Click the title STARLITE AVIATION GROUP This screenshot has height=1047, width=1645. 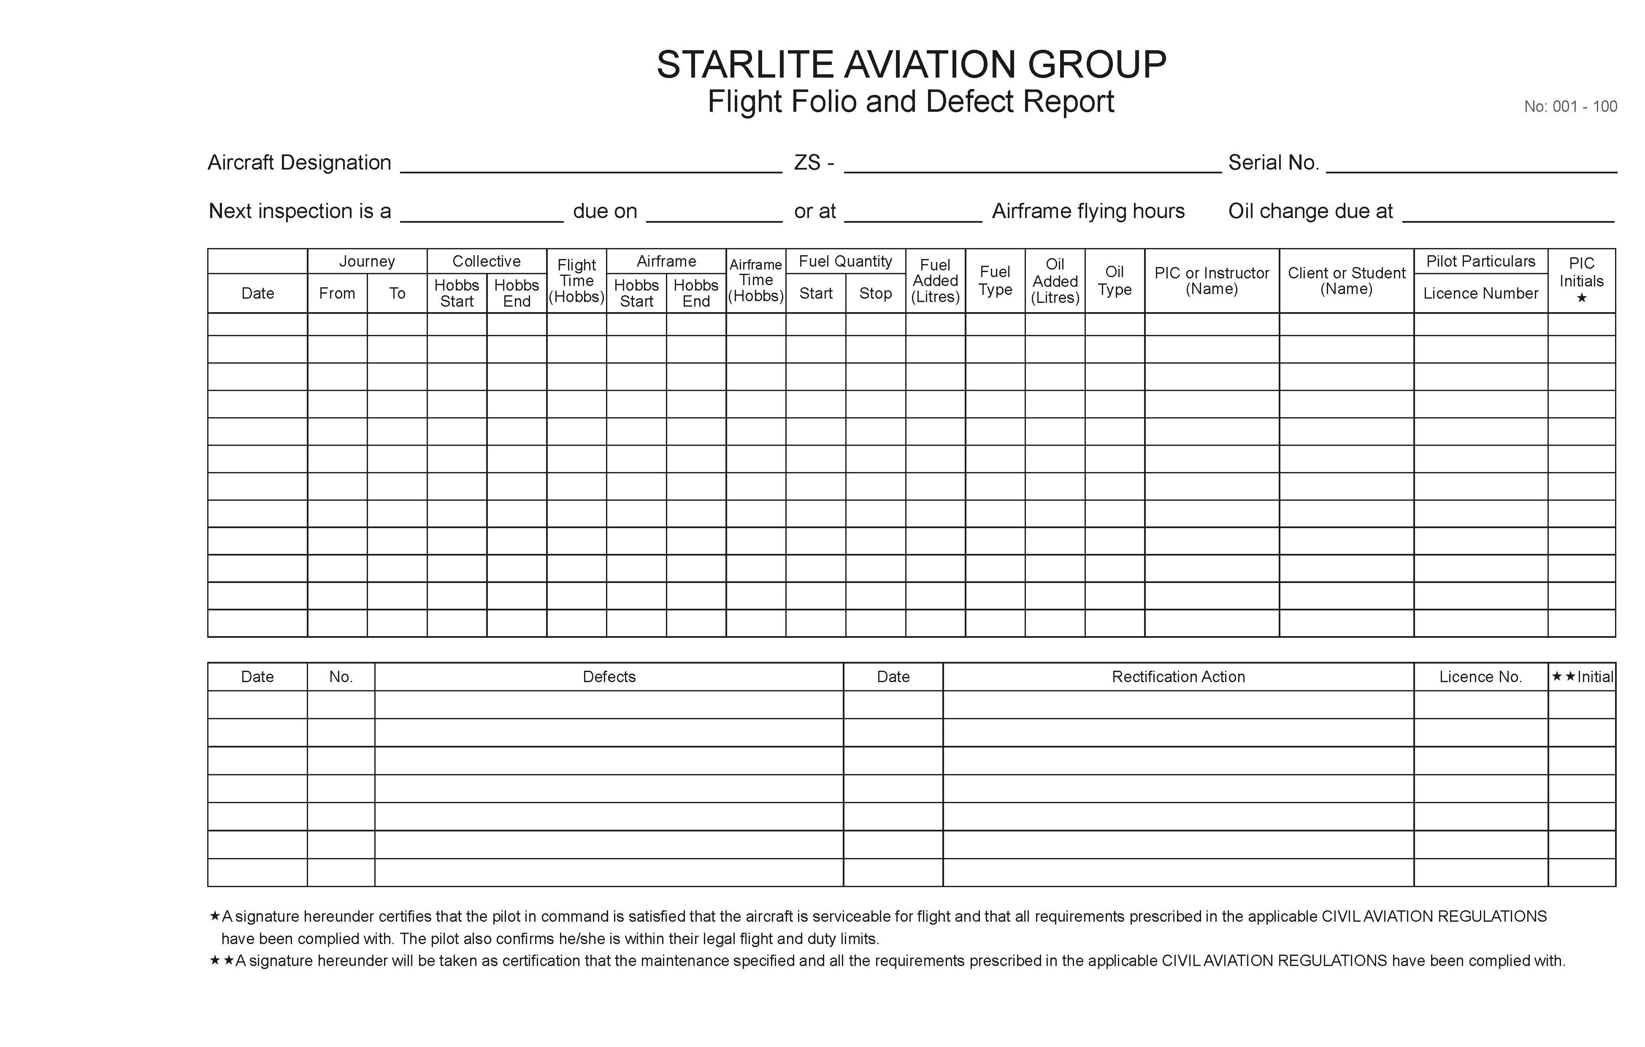tap(911, 65)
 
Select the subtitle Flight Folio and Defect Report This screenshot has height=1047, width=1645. tap(911, 102)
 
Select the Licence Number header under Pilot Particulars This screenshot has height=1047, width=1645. tap(1480, 293)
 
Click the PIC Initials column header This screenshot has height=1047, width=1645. tap(1581, 280)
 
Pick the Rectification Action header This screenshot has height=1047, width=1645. tap(1178, 677)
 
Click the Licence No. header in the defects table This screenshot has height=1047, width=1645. tap(1480, 677)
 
